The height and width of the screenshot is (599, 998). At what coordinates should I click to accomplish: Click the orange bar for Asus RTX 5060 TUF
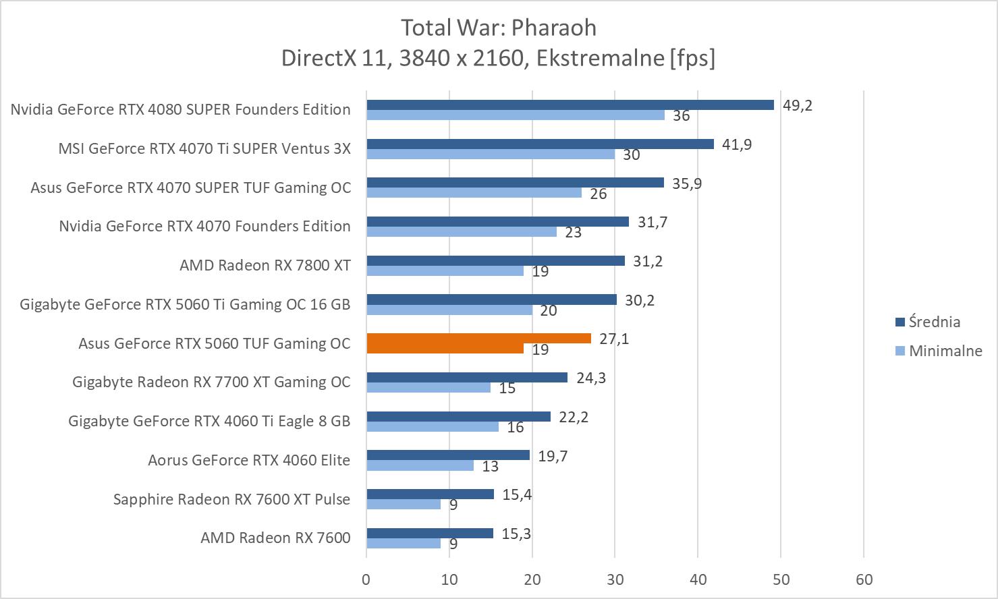478,339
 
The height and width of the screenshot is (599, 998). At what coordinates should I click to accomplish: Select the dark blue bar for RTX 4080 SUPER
570,105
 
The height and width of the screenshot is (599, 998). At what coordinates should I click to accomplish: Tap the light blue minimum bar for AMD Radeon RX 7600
403,543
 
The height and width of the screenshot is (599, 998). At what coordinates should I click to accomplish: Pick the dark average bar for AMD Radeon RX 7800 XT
495,260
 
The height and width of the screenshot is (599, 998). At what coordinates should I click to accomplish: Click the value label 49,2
798,105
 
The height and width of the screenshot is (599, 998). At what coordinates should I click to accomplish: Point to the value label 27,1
614,339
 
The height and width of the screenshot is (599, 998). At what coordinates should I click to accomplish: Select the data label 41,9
737,144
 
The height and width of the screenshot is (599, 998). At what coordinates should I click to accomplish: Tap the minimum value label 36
682,116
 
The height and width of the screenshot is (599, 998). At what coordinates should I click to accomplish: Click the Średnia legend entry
934,322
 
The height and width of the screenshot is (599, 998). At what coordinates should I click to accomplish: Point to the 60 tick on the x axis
864,579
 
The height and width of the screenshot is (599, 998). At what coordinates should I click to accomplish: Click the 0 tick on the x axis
366,579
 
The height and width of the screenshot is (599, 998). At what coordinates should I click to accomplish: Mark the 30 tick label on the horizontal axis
615,579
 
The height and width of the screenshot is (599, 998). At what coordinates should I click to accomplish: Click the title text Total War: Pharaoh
499,28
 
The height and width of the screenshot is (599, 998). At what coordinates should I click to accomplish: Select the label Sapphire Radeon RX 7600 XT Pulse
231,499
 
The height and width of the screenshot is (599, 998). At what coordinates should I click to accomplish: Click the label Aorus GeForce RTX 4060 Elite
249,460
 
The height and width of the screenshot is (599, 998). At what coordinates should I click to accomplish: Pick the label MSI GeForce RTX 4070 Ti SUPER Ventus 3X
204,148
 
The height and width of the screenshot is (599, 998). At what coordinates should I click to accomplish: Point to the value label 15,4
517,495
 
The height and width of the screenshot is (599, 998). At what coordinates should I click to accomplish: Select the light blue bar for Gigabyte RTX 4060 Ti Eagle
432,426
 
